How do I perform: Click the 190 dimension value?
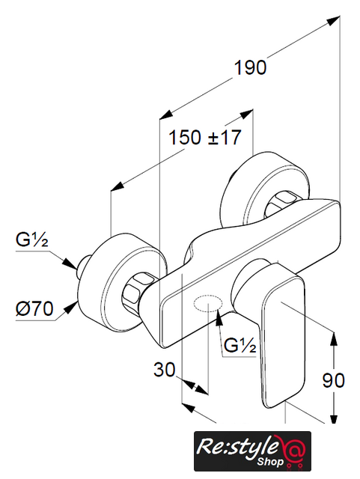point(250,67)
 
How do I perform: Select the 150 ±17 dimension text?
point(204,137)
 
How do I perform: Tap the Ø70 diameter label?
point(34,308)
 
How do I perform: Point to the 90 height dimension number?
point(334,380)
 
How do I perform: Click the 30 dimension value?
point(165,369)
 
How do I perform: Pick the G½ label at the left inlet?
point(32,239)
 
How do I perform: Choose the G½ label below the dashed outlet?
point(240,345)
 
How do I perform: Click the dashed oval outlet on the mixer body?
point(208,304)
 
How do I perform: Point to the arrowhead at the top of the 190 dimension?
point(333,20)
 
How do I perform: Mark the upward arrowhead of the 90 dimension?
point(334,338)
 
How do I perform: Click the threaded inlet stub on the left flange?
point(83,263)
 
